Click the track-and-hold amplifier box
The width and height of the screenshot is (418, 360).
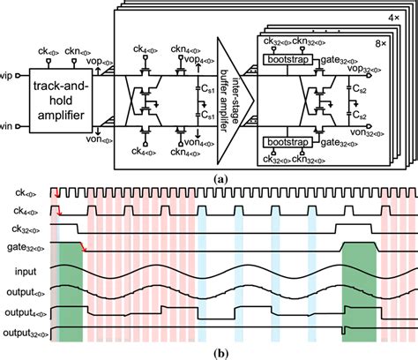(64, 99)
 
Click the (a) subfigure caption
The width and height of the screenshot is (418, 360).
(209, 178)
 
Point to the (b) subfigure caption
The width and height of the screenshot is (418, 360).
(209, 352)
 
